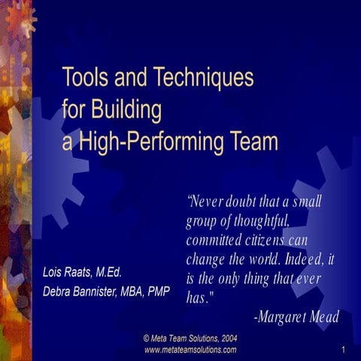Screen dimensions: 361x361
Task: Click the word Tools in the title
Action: (x=84, y=77)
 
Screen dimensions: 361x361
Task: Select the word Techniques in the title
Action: (x=204, y=77)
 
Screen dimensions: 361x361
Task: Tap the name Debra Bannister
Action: (x=82, y=291)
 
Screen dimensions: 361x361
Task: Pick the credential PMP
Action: (x=156, y=291)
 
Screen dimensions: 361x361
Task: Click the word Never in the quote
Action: (x=206, y=201)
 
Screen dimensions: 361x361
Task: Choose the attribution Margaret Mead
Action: (x=300, y=317)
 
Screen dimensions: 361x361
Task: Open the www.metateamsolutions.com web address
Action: (x=190, y=350)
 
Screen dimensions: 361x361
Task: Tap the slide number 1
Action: (x=342, y=350)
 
